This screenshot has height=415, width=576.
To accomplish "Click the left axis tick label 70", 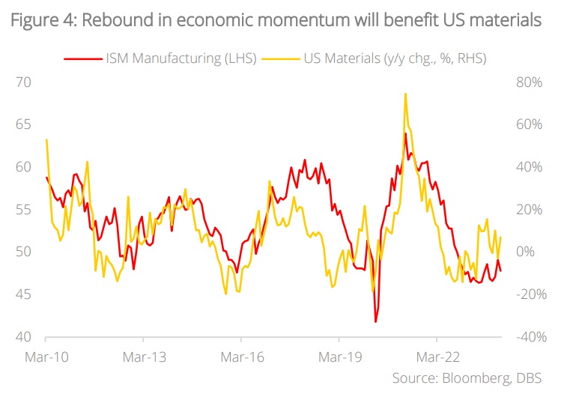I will click(x=25, y=82).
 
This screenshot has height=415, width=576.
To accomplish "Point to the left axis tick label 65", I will click(x=25, y=124).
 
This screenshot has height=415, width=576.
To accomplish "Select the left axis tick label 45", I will click(x=25, y=294).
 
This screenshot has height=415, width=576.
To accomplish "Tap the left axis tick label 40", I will click(x=25, y=337).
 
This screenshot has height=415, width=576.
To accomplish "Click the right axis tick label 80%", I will click(x=530, y=82).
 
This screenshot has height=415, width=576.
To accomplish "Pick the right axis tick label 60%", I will click(x=530, y=124).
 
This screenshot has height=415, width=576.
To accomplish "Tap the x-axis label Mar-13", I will click(x=144, y=358).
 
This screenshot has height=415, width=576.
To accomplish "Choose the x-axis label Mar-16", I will click(x=242, y=358).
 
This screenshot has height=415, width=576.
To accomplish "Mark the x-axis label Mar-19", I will click(x=340, y=358).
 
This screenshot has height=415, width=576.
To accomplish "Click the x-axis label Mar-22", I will click(x=437, y=358).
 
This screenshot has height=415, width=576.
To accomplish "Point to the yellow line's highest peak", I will click(x=405, y=94).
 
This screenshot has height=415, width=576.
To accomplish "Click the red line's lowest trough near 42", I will click(x=376, y=321).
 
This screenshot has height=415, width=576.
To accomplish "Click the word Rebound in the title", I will click(x=113, y=20).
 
